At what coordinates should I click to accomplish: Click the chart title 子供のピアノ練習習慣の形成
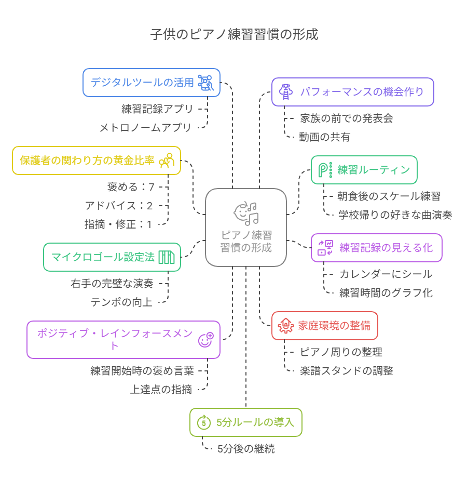234,35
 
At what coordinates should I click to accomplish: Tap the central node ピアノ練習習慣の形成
246,228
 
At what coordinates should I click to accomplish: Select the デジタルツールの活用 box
152,83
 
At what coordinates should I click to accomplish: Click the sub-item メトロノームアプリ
145,127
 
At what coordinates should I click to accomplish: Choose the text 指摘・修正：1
118,224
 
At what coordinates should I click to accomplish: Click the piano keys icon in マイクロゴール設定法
167,257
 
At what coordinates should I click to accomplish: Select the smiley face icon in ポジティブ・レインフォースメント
206,340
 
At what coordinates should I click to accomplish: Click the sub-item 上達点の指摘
161,389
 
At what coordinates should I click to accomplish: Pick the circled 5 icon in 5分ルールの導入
203,422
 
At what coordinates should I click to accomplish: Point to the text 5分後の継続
246,449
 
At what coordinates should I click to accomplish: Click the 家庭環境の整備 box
324,326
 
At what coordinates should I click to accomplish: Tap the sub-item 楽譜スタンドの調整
346,370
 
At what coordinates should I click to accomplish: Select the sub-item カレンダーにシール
386,274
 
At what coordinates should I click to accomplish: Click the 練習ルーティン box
364,170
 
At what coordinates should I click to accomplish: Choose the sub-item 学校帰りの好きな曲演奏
395,215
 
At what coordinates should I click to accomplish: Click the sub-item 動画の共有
324,137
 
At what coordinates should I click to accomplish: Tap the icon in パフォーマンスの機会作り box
285,92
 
